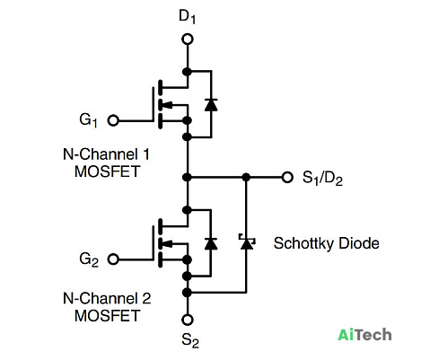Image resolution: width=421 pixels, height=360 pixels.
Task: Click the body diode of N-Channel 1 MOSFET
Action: point(211,104)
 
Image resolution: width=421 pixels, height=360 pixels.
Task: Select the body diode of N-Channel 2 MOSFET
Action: point(211,243)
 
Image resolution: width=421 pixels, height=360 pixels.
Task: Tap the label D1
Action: point(187,16)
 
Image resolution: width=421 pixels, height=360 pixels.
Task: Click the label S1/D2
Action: point(322,179)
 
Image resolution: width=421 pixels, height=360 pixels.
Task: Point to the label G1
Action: point(89,120)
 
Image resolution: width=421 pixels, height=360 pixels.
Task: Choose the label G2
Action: point(89,259)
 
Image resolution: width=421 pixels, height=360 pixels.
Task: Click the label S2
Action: point(190,340)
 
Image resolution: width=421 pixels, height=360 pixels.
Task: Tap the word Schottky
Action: point(303,243)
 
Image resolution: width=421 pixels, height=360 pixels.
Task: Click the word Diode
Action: point(359,243)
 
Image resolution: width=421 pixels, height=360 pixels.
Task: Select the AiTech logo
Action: point(364,335)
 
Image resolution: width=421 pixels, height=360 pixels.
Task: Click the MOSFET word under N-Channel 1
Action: point(107,171)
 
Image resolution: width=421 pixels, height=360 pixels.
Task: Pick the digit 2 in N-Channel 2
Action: point(146,298)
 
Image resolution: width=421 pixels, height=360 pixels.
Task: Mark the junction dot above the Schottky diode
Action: point(246,178)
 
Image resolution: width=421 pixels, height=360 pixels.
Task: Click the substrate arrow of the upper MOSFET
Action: point(169,105)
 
